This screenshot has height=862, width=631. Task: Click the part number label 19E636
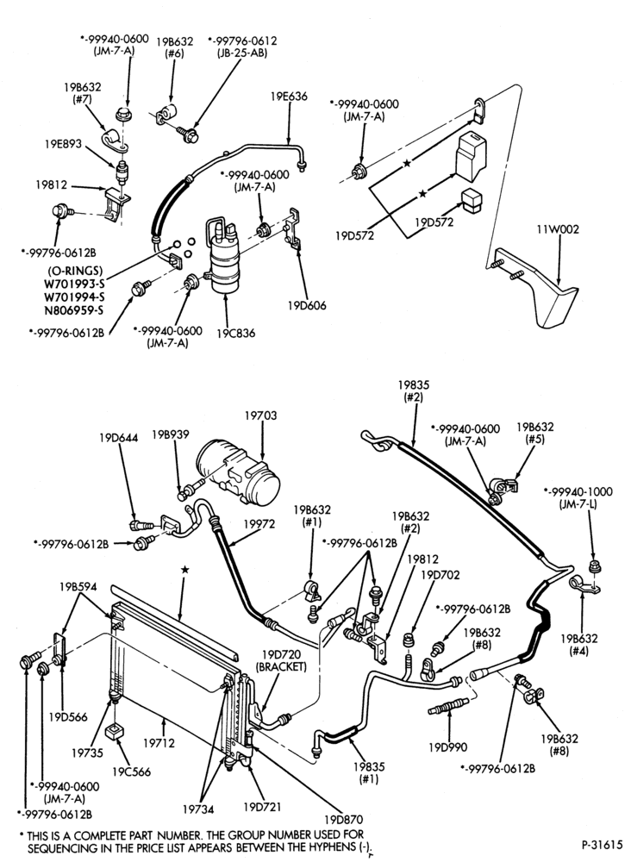pos(289,97)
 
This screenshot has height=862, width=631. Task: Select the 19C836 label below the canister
pos(236,334)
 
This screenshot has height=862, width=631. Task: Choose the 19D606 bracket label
pos(306,306)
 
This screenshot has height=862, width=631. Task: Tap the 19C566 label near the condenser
pos(131,771)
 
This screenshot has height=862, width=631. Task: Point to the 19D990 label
pos(448,747)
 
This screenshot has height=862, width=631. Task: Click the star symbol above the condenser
pos(185,570)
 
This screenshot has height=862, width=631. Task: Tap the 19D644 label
pos(119,438)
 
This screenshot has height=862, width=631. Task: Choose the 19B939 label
pos(171,434)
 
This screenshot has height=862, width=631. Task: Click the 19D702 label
pos(440,575)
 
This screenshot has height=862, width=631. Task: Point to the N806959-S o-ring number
pos(73,309)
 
